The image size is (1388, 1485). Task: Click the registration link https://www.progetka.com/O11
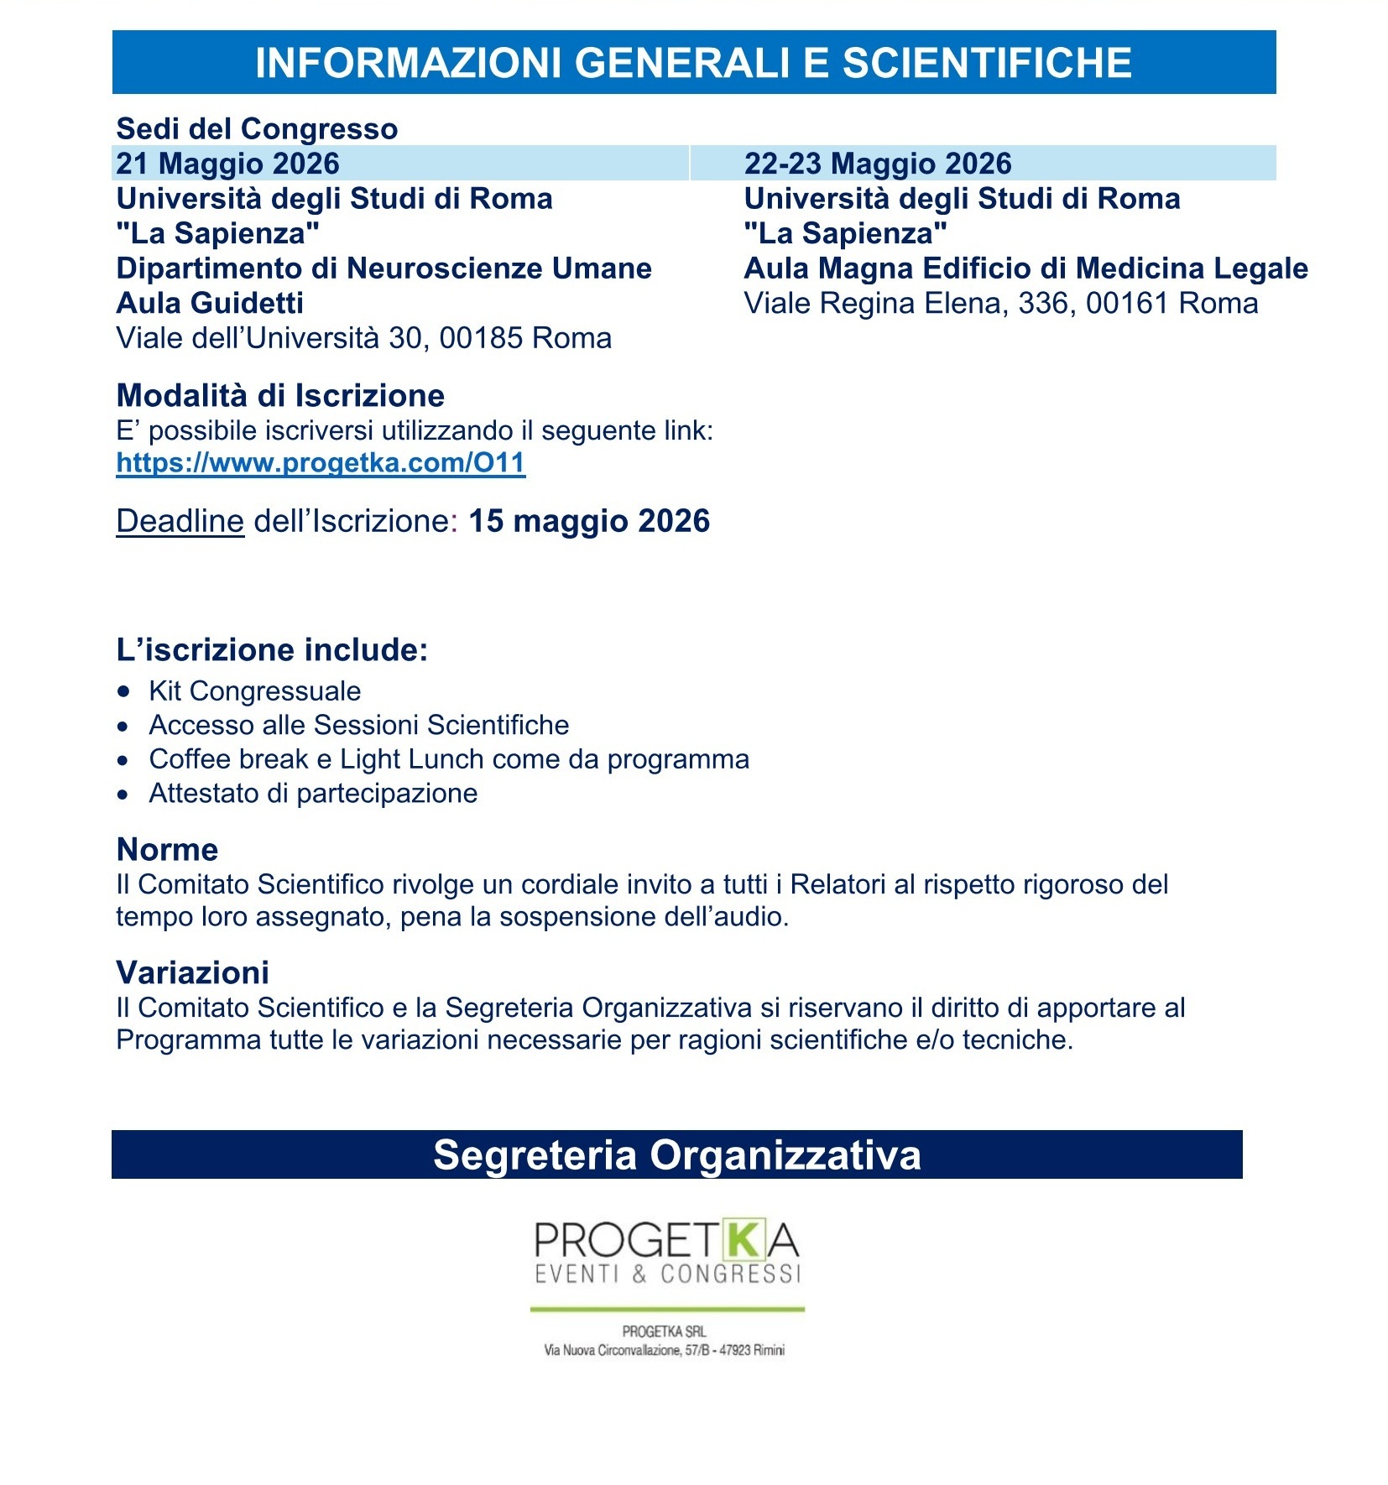point(321,462)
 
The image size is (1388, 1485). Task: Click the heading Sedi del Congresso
point(257,129)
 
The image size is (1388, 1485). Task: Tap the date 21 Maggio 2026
point(227,164)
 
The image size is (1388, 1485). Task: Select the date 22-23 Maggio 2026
point(878,164)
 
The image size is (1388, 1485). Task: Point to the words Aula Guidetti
point(210,303)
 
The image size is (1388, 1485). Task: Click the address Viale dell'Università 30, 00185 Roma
point(363,338)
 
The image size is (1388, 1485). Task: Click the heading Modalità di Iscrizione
point(280,395)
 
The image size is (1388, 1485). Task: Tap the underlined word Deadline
point(180,521)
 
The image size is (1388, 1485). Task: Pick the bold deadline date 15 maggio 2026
point(589,521)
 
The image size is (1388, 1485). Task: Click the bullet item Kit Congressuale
point(254,691)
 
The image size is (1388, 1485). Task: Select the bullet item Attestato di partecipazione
point(313,794)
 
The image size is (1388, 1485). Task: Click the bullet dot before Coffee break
point(124,760)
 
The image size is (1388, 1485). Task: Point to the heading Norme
point(167,850)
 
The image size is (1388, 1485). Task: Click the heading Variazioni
point(192,973)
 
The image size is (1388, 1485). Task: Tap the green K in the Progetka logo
point(742,1241)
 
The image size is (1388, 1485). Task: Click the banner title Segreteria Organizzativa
point(676,1155)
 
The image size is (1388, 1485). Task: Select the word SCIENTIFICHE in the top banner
point(987,63)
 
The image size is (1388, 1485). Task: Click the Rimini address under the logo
point(664,1351)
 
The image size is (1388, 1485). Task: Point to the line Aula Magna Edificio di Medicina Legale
point(1025,268)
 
